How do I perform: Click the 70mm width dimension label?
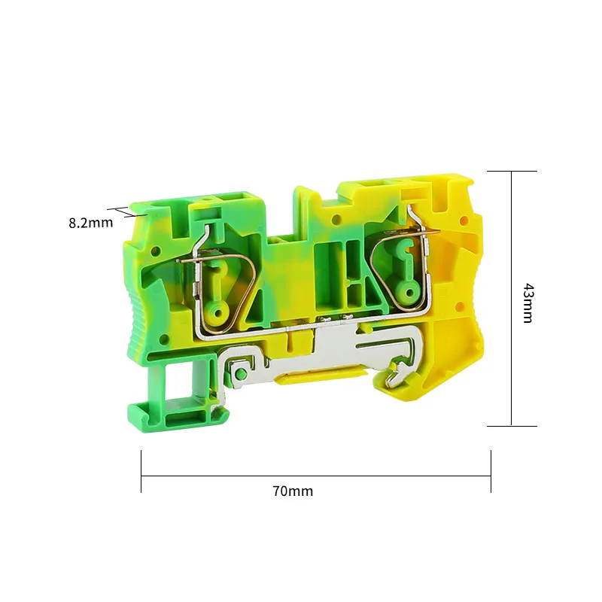[x=293, y=491]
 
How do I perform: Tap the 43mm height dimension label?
[x=529, y=303]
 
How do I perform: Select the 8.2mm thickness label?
[x=91, y=223]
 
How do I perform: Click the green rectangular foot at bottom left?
[x=179, y=416]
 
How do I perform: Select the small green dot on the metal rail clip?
[x=241, y=373]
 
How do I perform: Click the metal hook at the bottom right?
[x=397, y=373]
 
